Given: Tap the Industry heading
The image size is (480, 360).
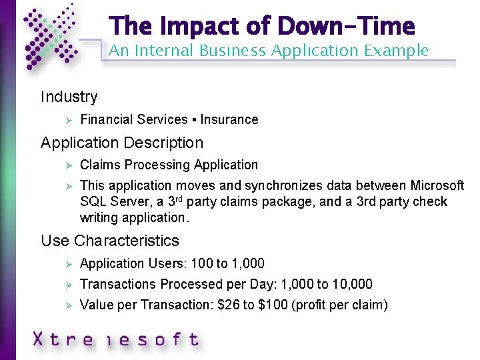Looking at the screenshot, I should coord(69,97).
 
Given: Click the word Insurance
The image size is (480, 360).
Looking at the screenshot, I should coord(229,120).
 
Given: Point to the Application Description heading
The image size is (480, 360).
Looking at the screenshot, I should coord(122,143).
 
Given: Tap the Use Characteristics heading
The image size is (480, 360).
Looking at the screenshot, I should coord(110,241).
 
